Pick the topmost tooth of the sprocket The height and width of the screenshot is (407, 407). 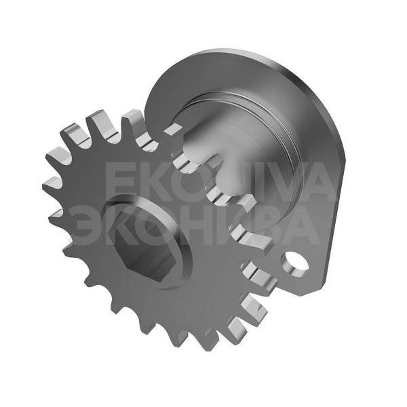pyautogui.click(x=132, y=119)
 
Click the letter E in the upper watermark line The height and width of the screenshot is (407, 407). pyautogui.click(x=119, y=182)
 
